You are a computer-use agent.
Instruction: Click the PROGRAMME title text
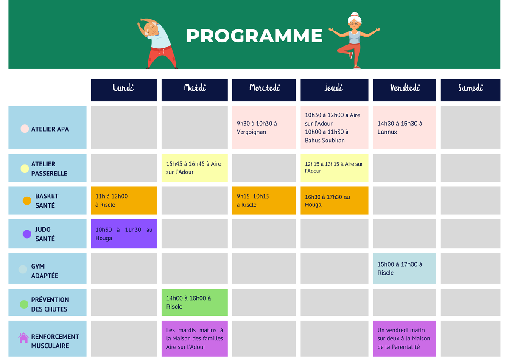pyautogui.click(x=255, y=36)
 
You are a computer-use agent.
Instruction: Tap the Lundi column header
pyautogui.click(x=124, y=90)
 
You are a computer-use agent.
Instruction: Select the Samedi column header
pyautogui.click(x=470, y=90)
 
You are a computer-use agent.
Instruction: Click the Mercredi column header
pyautogui.click(x=264, y=90)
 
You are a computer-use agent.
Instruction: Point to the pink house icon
pyautogui.click(x=23, y=338)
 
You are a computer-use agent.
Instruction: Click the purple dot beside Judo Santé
pyautogui.click(x=27, y=234)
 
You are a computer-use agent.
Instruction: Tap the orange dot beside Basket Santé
pyautogui.click(x=27, y=201)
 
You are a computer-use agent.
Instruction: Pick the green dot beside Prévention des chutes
pyautogui.click(x=24, y=304)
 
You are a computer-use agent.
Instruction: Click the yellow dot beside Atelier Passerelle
pyautogui.click(x=25, y=169)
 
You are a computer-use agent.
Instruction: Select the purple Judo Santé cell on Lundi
pyautogui.click(x=124, y=234)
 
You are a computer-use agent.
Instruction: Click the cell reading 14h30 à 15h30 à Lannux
pyautogui.click(x=405, y=128)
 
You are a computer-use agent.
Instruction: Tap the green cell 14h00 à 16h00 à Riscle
pyautogui.click(x=195, y=302)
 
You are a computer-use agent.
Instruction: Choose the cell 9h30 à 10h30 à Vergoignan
pyautogui.click(x=264, y=128)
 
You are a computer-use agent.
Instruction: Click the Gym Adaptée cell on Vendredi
pyautogui.click(x=405, y=269)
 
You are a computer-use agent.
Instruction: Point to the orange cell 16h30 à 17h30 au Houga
pyautogui.click(x=334, y=200)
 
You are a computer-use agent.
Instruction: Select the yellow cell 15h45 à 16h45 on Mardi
pyautogui.click(x=195, y=168)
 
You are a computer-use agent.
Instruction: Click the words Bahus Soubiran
pyautogui.click(x=325, y=141)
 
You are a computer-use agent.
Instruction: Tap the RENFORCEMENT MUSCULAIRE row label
pyautogui.click(x=55, y=341)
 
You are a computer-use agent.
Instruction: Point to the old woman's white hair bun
pyautogui.click(x=355, y=14)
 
